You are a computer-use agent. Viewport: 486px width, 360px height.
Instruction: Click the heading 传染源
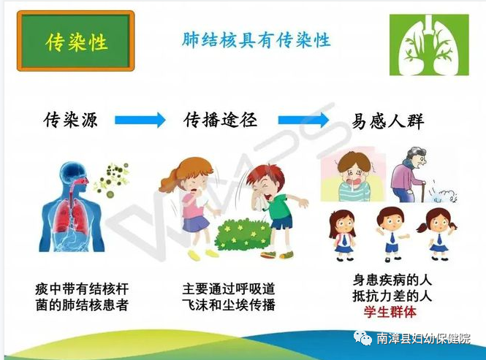[x=70, y=120]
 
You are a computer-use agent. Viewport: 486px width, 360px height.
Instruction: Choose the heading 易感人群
[x=388, y=120]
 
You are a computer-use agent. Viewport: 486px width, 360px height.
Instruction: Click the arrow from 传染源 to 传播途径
[x=140, y=120]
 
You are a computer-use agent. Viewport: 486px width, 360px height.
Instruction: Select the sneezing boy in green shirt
[x=274, y=208]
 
